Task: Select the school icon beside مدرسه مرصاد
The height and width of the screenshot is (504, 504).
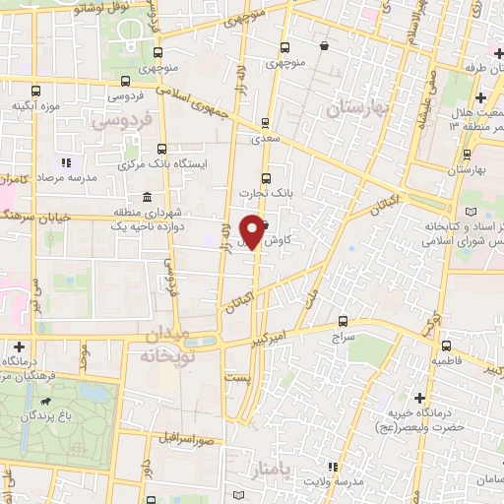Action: (66, 162)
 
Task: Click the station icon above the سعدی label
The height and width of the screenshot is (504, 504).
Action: (264, 124)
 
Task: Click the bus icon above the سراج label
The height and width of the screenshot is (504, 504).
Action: (342, 320)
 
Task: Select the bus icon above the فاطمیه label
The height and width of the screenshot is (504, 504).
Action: (446, 346)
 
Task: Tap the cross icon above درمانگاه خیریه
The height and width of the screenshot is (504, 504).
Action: (421, 397)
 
